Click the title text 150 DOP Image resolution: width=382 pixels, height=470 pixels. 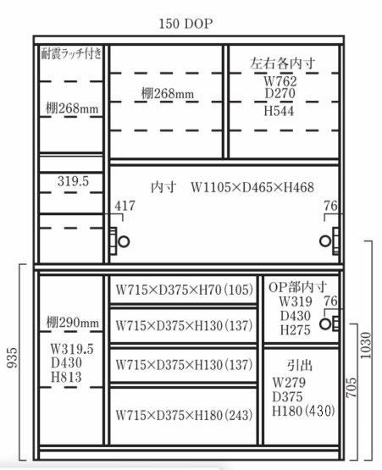185,24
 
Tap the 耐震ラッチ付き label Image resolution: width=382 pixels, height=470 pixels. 71,53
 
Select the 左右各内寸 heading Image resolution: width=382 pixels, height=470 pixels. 283,64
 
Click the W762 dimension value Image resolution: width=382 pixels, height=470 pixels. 280,81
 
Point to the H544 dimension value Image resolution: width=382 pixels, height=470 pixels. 279,111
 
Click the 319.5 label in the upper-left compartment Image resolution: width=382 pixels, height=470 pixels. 73,181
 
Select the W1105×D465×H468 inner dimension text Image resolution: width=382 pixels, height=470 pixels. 252,188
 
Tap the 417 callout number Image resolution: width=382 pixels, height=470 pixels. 125,206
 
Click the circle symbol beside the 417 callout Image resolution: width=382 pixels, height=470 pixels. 124,241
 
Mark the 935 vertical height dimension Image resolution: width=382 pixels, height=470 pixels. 13,357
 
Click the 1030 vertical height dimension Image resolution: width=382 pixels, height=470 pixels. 366,345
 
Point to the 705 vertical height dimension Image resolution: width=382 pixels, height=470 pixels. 352,388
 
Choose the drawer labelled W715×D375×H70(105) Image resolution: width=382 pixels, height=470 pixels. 184,290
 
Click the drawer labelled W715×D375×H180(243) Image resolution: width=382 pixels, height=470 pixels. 184,417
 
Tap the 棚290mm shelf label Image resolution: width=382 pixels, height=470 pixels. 73,323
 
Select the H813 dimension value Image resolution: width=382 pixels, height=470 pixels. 66,377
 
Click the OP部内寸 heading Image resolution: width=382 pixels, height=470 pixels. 297,287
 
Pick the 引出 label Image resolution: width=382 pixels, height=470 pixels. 300,365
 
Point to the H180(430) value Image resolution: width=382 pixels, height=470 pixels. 303,411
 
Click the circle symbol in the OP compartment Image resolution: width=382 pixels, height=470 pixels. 325,323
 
